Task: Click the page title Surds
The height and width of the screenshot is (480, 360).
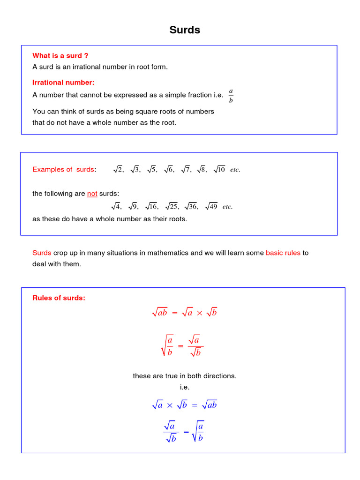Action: click(x=185, y=30)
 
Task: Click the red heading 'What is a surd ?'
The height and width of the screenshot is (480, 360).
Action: click(x=60, y=56)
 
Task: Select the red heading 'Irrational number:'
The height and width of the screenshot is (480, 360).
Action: click(x=63, y=82)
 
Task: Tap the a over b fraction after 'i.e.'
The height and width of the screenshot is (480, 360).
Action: click(x=231, y=95)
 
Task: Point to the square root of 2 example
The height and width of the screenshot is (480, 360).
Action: click(x=118, y=169)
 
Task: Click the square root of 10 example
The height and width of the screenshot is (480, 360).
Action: click(x=219, y=169)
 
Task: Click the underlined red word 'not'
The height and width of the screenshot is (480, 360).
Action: click(x=92, y=194)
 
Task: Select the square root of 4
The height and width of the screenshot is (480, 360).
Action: click(x=116, y=206)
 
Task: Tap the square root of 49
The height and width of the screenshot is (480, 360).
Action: click(x=211, y=206)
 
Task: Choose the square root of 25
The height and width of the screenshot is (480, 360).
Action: click(x=171, y=206)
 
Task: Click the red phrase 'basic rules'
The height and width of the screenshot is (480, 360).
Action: click(x=283, y=253)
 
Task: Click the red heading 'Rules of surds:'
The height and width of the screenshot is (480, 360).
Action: click(x=59, y=298)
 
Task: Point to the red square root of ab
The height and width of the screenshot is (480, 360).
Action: click(x=160, y=313)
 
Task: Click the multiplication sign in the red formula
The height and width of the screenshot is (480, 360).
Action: click(x=199, y=314)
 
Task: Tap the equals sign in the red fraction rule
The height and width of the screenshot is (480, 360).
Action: click(x=181, y=346)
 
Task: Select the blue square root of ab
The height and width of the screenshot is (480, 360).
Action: click(x=209, y=405)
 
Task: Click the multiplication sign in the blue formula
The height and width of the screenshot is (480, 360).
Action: click(x=170, y=405)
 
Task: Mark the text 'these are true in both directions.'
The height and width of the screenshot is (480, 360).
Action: click(x=185, y=376)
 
